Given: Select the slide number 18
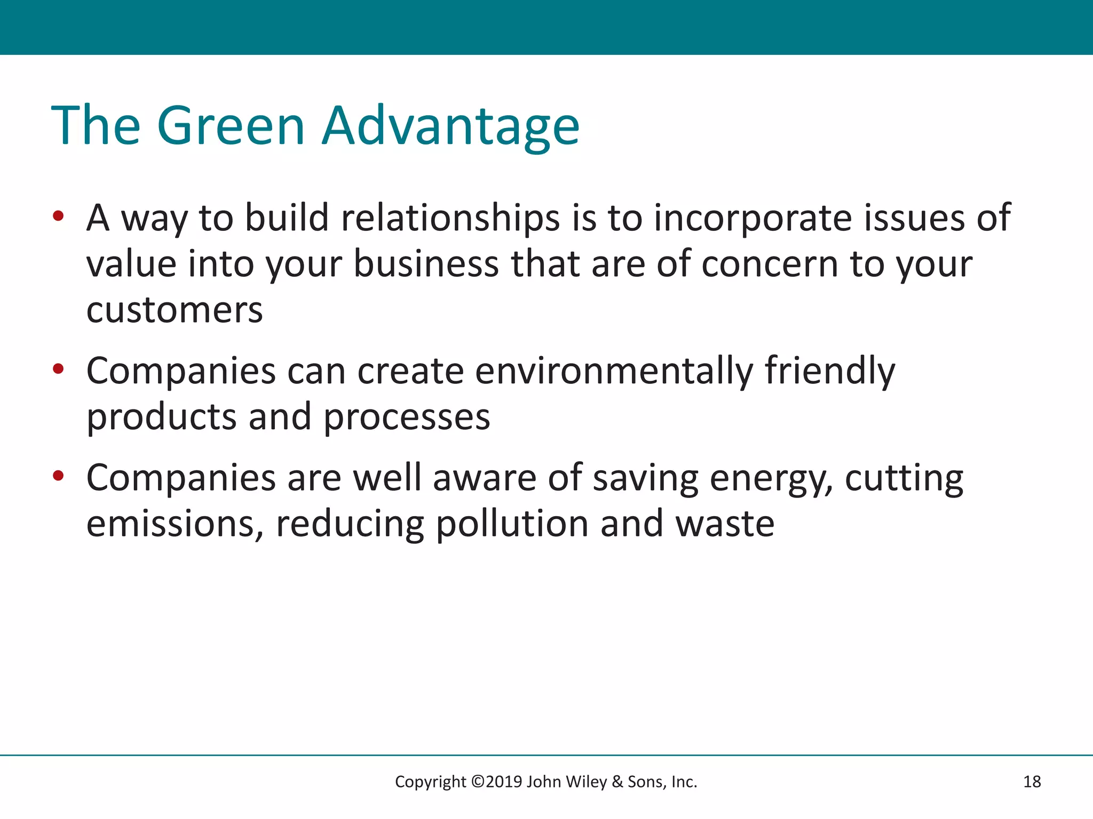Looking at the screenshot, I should tap(1032, 782).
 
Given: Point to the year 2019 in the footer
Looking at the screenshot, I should tap(504, 782).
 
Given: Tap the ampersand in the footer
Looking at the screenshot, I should tap(617, 782).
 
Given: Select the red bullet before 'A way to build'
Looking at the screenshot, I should tap(58, 216).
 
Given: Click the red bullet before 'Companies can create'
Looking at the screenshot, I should tap(58, 369).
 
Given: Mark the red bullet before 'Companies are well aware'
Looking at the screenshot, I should tap(58, 476).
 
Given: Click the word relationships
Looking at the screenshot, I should tap(450, 218).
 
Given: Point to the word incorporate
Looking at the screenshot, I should tap(753, 218).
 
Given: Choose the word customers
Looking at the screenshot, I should tap(175, 310).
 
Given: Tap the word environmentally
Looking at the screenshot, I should tap(614, 371).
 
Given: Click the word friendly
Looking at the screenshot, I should tap(830, 371).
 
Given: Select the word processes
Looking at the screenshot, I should tap(407, 417).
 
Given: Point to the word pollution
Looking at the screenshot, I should tap(512, 524).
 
